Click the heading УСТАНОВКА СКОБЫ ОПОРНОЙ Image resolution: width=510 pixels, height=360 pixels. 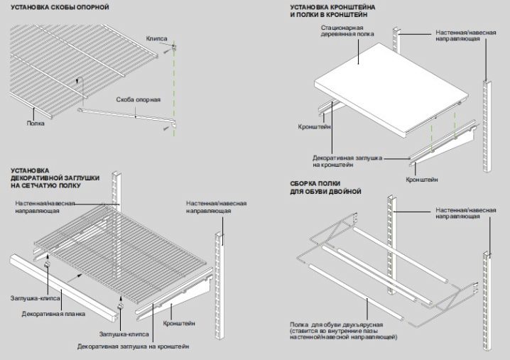(60, 7)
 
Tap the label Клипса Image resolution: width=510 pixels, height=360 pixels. (156, 38)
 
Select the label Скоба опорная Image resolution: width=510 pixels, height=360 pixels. (139, 99)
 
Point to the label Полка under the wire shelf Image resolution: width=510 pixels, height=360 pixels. (36, 124)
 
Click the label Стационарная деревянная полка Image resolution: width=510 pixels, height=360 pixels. (347, 31)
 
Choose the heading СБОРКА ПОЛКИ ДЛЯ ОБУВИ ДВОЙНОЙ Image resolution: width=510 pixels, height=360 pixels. (325, 187)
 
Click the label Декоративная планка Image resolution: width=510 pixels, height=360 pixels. (53, 314)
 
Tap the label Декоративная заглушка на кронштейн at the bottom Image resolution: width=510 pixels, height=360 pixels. (133, 347)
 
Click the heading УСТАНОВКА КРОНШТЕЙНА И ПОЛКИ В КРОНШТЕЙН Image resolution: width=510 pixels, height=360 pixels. (332, 11)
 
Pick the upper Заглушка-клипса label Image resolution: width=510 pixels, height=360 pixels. (35, 298)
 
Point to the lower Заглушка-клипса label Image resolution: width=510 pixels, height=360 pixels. (124, 334)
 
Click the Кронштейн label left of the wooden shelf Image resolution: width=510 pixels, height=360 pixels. (314, 126)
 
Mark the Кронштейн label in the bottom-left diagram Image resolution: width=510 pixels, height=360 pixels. (179, 323)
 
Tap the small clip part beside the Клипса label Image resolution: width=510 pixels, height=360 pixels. (174, 47)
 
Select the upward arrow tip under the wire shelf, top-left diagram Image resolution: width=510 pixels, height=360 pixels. (77, 80)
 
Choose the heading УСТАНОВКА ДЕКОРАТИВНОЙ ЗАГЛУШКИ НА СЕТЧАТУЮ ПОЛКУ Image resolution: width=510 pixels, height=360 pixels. (55, 178)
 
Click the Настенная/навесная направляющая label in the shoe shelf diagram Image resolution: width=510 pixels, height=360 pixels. (466, 213)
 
